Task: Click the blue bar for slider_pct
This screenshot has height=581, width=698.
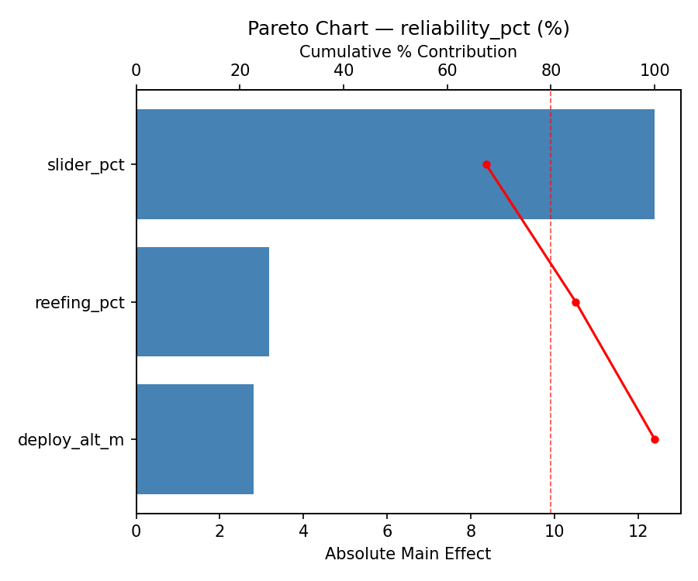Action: pos(395,164)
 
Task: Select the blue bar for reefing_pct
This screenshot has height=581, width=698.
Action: pos(202,302)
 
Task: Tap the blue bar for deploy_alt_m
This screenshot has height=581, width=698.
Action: pos(195,439)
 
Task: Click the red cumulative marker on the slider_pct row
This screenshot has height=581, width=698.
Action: pos(486,164)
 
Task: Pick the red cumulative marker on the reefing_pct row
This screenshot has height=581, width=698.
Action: pos(575,302)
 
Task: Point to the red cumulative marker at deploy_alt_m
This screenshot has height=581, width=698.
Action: pos(655,439)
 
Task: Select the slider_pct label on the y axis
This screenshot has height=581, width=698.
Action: pos(85,165)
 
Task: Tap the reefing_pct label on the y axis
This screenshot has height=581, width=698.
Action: pos(79,303)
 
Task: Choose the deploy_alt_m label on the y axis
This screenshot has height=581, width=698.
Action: pos(71,440)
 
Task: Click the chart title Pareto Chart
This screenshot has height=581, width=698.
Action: pos(408,29)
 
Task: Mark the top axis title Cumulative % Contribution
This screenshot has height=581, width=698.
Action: pos(408,52)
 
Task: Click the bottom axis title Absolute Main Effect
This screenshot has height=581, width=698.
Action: pos(408,554)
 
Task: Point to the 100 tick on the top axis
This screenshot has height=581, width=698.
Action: pos(655,71)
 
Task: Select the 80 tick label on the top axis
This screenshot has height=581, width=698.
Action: pos(551,71)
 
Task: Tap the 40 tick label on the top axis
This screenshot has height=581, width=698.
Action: pos(344,71)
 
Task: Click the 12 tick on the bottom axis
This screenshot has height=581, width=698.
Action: pos(638,531)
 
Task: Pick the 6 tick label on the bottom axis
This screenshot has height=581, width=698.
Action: pos(387,531)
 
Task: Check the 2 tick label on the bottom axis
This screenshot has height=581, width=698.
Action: pos(219,531)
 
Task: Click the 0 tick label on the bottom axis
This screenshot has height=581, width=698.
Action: pos(136,531)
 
